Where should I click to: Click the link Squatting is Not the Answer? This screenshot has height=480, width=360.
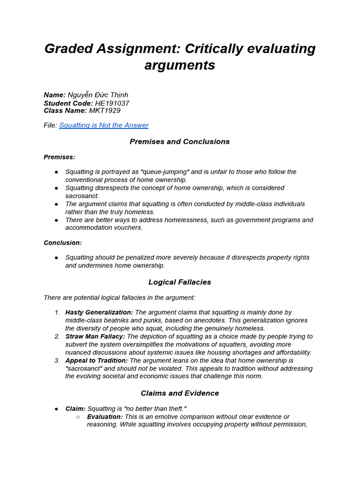(104, 125)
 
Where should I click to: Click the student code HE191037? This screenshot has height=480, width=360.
(112, 103)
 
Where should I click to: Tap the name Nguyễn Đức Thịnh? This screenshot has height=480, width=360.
(98, 95)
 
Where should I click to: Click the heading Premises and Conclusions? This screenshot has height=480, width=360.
(180, 142)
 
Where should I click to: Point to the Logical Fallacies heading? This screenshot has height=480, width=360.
(180, 282)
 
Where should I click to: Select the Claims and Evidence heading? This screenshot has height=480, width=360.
(180, 393)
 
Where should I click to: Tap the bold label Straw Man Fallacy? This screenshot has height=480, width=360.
(95, 337)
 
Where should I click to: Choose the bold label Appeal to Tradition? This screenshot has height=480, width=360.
(97, 360)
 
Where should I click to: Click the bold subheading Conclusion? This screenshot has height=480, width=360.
(63, 243)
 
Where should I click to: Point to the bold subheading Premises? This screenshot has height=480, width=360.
(60, 157)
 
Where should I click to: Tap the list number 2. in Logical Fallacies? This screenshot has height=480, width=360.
(57, 337)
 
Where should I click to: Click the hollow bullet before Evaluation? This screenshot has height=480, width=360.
(78, 417)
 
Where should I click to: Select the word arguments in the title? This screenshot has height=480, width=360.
(180, 65)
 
